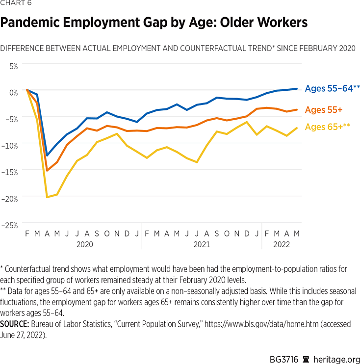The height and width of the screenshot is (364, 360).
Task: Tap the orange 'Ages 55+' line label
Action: click(324, 109)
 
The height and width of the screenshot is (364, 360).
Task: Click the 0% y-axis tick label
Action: click(13, 92)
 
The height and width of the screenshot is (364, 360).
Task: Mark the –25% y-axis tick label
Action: click(10, 225)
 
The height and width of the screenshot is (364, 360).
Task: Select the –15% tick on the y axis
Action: click(10, 172)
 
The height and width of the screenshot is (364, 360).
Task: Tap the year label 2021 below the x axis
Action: click(201, 244)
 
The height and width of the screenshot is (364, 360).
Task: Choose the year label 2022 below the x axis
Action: click(281, 244)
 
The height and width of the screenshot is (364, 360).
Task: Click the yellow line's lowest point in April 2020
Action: click(47, 197)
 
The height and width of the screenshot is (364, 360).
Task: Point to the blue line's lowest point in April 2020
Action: click(47, 156)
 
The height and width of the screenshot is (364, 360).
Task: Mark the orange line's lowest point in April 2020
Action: click(47, 171)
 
